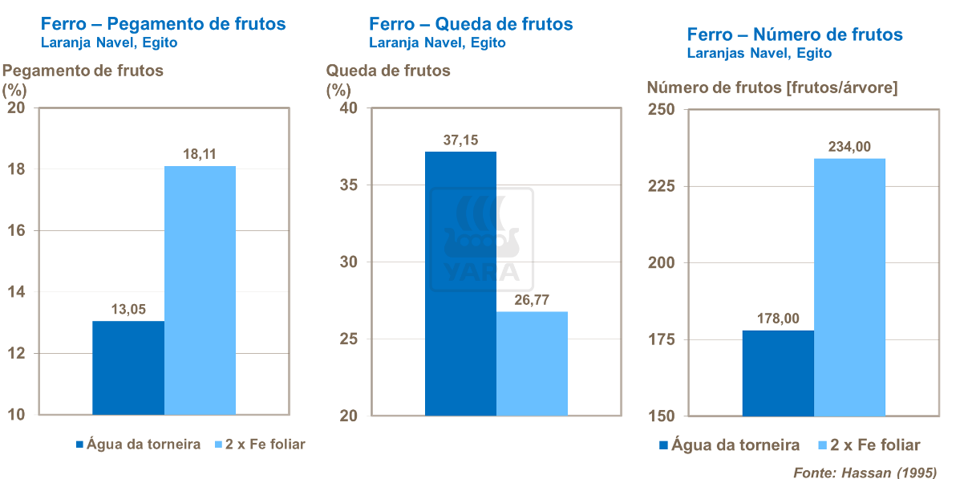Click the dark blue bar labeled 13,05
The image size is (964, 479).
(x=128, y=367)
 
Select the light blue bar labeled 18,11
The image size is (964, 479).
(x=200, y=290)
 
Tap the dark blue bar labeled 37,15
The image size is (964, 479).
(x=460, y=283)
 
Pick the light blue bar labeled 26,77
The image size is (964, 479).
(x=532, y=363)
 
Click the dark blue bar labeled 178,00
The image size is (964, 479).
(x=778, y=373)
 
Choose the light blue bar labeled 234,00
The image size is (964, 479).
(x=850, y=286)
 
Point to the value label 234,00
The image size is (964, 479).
(x=850, y=146)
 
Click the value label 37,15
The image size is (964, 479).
(x=460, y=140)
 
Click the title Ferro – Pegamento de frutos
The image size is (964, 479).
(x=163, y=24)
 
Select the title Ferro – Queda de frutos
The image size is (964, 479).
(x=471, y=24)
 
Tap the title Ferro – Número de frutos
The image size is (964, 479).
(x=794, y=35)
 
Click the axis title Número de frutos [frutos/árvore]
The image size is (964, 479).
(x=772, y=87)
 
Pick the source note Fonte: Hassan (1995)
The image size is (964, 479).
(x=865, y=472)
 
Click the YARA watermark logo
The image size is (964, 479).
(x=482, y=238)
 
